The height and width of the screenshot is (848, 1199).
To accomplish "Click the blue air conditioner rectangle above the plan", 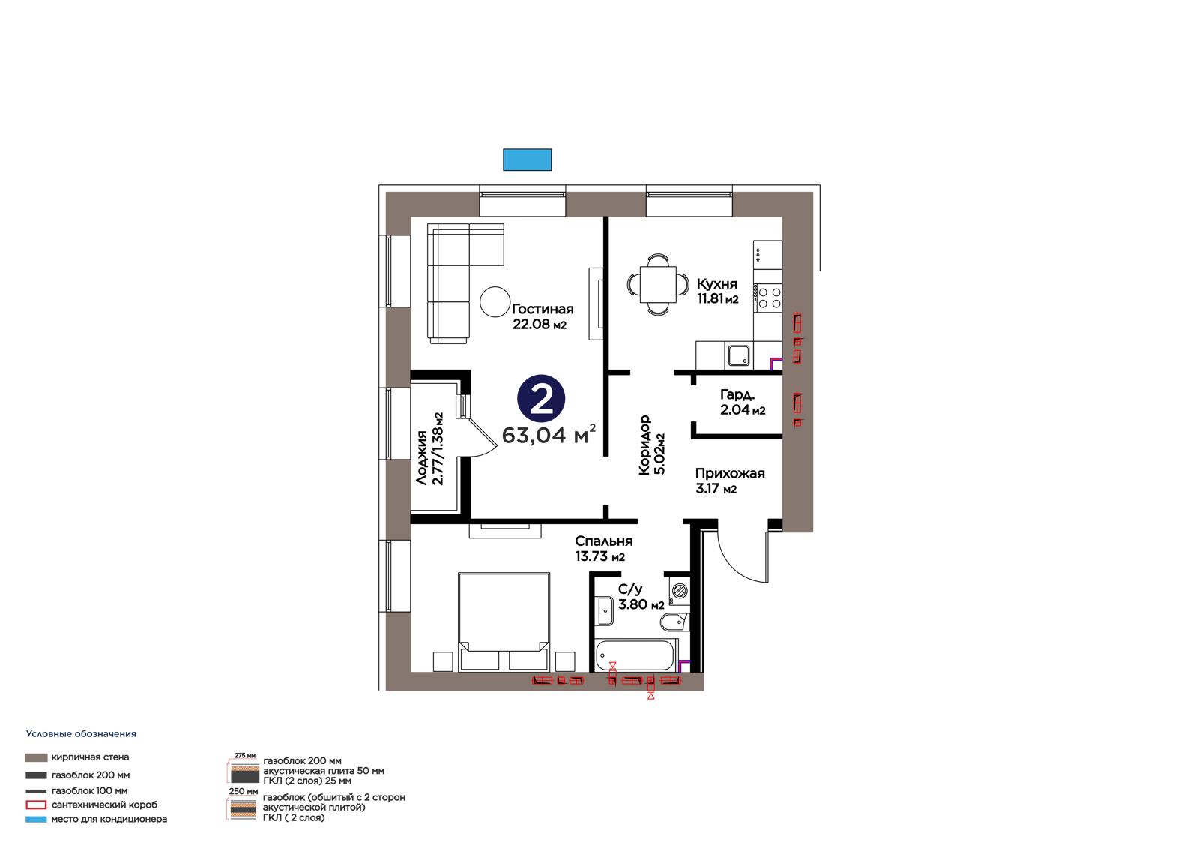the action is pyautogui.click(x=527, y=160).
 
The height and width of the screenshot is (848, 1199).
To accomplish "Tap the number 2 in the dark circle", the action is pyautogui.click(x=541, y=400).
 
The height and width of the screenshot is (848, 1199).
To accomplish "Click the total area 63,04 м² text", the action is pyautogui.click(x=549, y=434).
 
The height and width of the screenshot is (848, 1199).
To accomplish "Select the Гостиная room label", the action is pyautogui.click(x=543, y=309).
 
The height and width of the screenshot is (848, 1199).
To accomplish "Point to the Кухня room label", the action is pyautogui.click(x=716, y=284).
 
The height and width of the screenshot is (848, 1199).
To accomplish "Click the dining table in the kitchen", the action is pyautogui.click(x=658, y=284).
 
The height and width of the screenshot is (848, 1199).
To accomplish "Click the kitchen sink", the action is pyautogui.click(x=739, y=355).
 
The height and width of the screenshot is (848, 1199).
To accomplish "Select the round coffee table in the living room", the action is pyautogui.click(x=495, y=302).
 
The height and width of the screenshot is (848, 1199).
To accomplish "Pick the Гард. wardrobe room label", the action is pyautogui.click(x=737, y=395).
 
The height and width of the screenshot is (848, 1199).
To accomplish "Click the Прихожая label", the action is pyautogui.click(x=730, y=474).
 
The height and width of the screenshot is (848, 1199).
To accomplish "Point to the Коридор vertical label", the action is pyautogui.click(x=644, y=445).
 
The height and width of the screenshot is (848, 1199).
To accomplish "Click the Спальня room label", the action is pyautogui.click(x=604, y=541).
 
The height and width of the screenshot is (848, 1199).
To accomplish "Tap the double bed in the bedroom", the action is pyautogui.click(x=504, y=622).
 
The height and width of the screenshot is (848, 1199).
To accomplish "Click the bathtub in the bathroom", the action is pyautogui.click(x=635, y=655).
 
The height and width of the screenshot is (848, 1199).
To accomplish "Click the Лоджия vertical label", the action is pyautogui.click(x=422, y=457).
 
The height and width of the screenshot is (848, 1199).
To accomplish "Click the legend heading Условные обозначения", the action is pyautogui.click(x=82, y=734).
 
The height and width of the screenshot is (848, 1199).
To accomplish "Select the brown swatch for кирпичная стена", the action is pyautogui.click(x=36, y=757).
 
